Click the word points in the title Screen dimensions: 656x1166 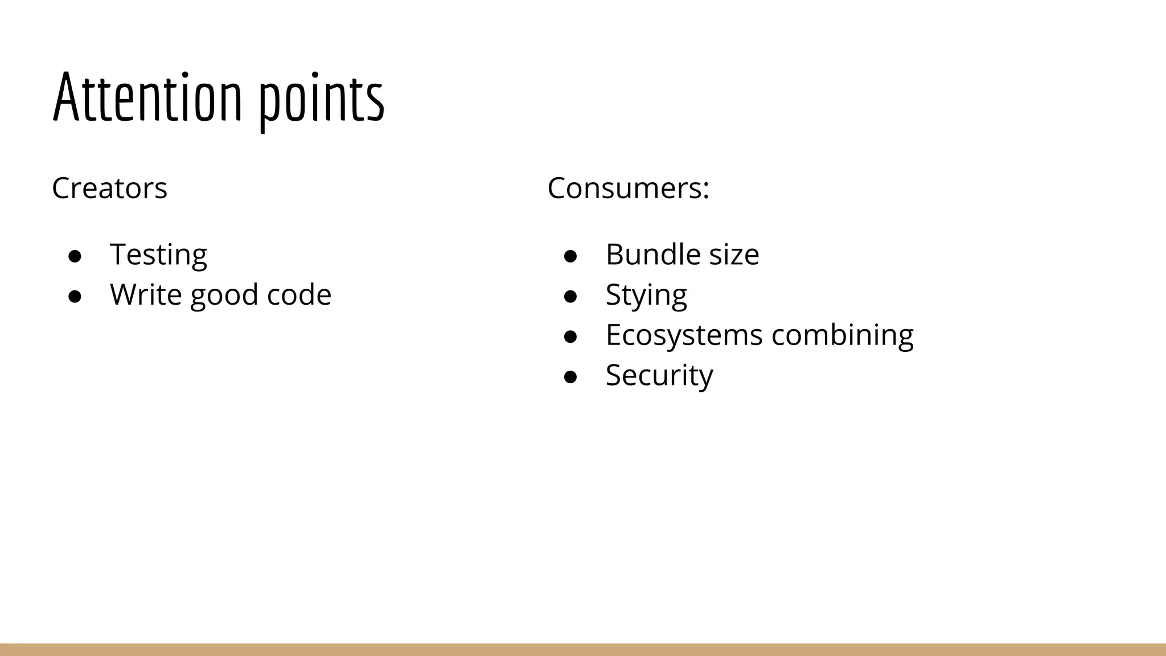pos(322,100)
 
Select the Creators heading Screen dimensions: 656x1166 pos(109,188)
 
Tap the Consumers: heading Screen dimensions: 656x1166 pos(628,188)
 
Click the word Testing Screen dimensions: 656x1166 pos(158,255)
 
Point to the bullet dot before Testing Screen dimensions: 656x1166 pos(75,256)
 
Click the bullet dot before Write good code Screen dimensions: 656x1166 pos(75,297)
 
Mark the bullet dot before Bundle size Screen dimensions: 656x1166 pos(570,256)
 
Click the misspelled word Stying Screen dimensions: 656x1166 pos(646,296)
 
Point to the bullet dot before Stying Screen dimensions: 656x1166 pos(570,297)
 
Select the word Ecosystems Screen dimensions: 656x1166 pos(684,335)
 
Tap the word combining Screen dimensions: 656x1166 pos(842,335)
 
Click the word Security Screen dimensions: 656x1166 pos(659,375)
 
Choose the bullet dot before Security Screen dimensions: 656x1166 pos(570,377)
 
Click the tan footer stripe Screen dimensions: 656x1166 pos(583,649)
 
